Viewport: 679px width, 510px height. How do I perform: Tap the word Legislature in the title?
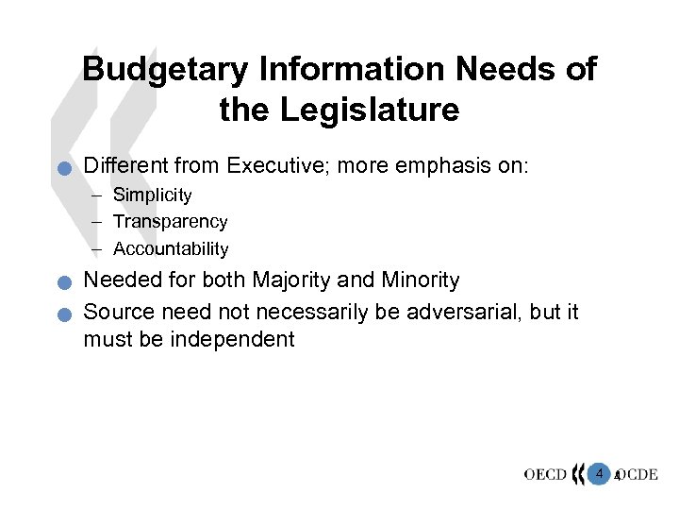tap(370, 111)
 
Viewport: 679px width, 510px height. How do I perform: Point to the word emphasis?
tap(446, 166)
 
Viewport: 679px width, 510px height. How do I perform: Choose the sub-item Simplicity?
tap(152, 195)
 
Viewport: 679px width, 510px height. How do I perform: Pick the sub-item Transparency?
tap(170, 222)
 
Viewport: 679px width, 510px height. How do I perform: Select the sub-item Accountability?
tap(171, 248)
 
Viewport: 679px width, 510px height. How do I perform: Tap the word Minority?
tap(421, 280)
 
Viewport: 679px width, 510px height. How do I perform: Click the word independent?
tap(233, 339)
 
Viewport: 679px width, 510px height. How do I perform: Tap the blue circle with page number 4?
tap(599, 472)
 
